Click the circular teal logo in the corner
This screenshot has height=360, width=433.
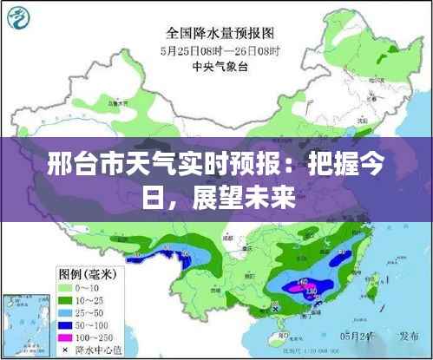23,20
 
